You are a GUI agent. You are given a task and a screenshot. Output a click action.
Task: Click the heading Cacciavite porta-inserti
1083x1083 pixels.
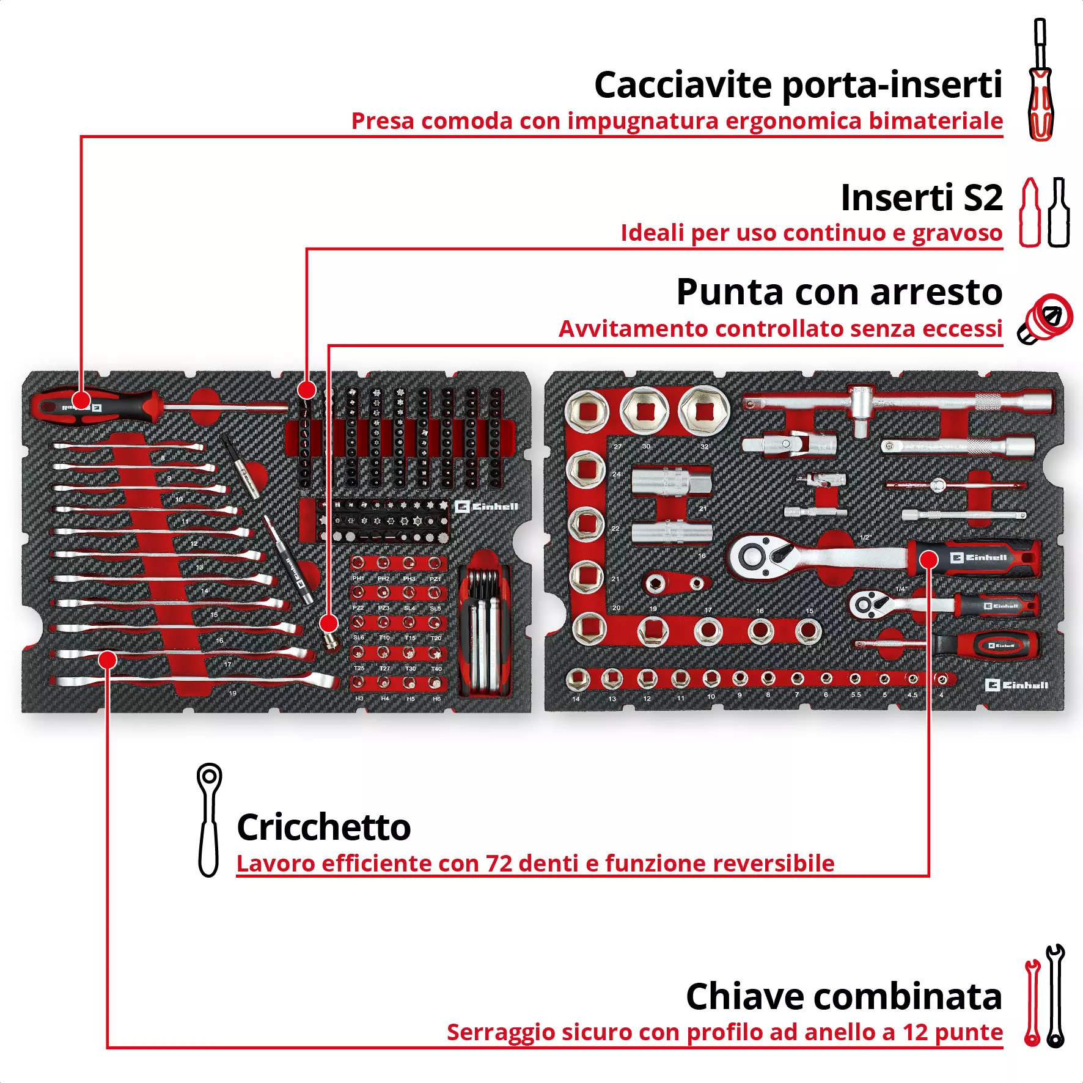click(798, 84)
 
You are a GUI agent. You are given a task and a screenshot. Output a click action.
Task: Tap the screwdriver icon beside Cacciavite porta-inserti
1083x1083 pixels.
click(1040, 79)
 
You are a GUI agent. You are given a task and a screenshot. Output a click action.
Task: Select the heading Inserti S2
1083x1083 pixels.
click(921, 197)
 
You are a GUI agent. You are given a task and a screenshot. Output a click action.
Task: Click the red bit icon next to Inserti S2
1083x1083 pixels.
click(1030, 213)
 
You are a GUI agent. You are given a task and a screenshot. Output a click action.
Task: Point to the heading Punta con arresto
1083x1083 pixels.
click(839, 292)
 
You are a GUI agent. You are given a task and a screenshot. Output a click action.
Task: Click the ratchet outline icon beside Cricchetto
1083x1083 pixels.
click(209, 819)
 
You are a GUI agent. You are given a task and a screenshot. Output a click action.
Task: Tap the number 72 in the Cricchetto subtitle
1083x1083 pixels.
click(499, 864)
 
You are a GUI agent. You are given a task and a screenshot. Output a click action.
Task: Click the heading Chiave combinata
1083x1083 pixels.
click(843, 996)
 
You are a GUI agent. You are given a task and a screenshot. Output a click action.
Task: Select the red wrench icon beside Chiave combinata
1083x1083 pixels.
click(1032, 1002)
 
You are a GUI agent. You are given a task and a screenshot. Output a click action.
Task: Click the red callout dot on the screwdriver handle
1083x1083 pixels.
click(81, 402)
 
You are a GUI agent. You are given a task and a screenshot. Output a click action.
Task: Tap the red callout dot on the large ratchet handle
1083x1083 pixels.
click(928, 559)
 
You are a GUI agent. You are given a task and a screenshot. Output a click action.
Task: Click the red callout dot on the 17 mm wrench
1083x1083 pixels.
click(108, 659)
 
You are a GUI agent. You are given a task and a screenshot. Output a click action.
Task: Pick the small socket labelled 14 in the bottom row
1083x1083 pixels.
click(577, 678)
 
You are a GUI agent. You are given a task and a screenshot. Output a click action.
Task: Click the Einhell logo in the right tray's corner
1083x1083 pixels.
click(1016, 685)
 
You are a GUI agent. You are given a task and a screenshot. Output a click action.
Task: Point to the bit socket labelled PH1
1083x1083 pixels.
click(358, 563)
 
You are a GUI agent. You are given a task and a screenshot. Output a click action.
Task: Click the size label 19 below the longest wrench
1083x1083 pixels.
click(232, 693)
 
